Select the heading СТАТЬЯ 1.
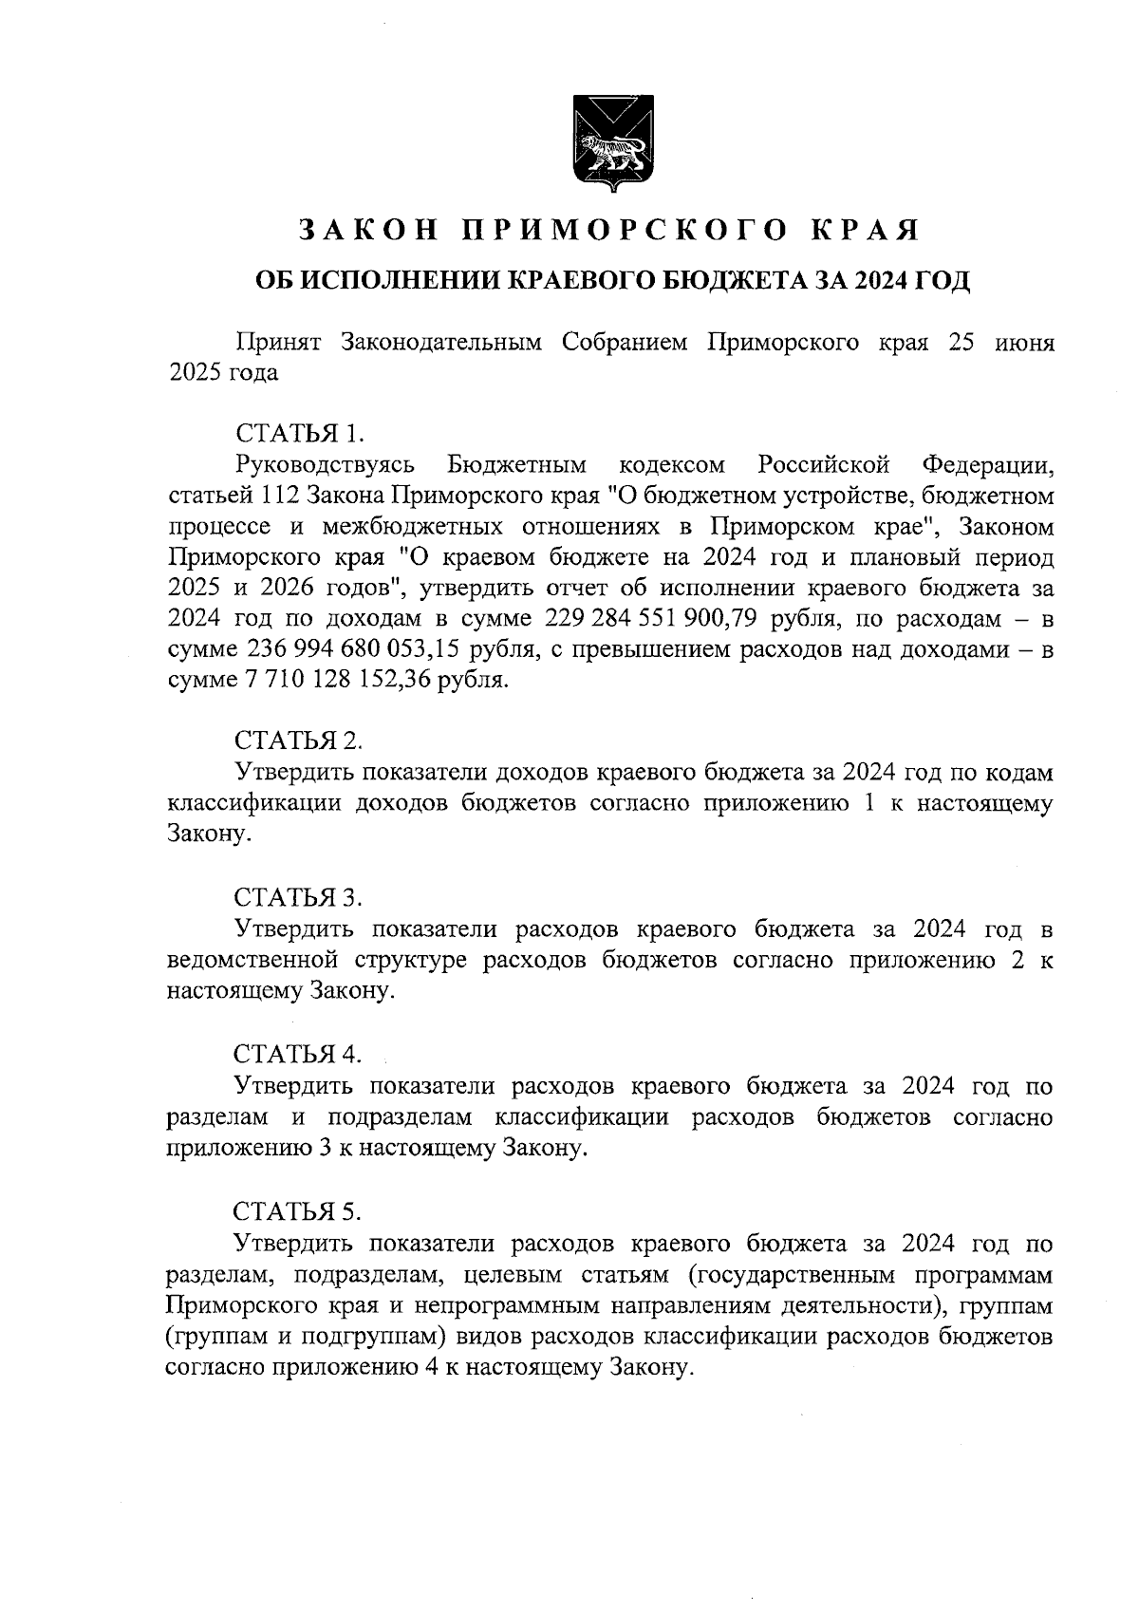click(299, 434)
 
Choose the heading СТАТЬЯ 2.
click(299, 740)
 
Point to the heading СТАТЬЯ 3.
click(299, 896)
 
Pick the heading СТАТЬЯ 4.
click(299, 1054)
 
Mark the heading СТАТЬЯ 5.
click(299, 1211)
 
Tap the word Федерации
click(987, 465)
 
